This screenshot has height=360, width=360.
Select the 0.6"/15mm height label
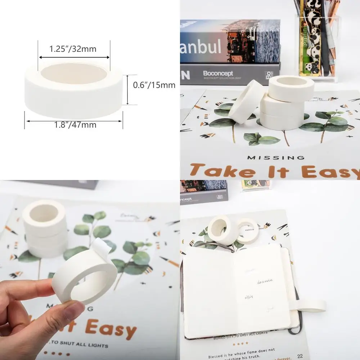[x=154, y=85]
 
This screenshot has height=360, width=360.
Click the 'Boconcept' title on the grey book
[x=218, y=73]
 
